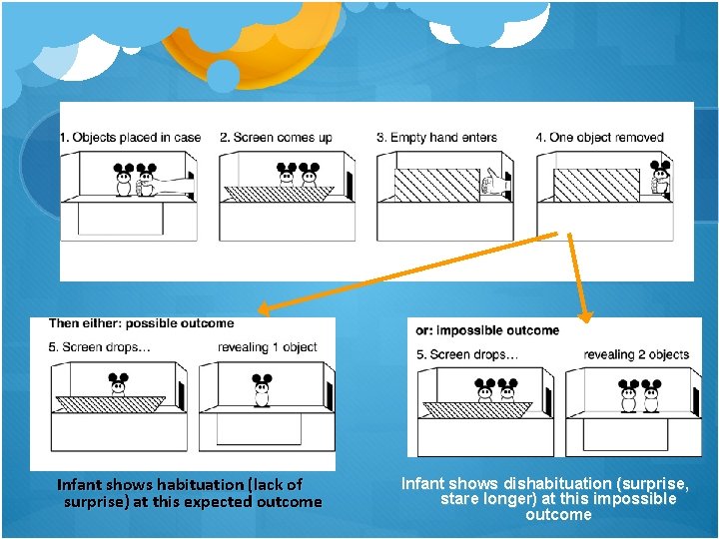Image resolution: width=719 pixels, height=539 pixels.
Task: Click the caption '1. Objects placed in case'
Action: (x=131, y=138)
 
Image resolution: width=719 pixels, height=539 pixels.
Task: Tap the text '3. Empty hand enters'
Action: (x=436, y=138)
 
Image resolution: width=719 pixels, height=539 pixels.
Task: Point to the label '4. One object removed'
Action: (x=599, y=138)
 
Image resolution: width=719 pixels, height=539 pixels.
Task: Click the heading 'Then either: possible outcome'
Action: (x=142, y=323)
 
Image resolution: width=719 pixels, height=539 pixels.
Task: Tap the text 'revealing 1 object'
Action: (x=268, y=347)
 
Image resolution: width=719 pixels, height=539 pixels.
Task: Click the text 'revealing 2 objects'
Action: (x=636, y=354)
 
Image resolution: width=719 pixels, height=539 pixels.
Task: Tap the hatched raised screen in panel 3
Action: (x=436, y=185)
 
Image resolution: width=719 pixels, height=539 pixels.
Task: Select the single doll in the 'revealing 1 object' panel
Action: (x=262, y=391)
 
